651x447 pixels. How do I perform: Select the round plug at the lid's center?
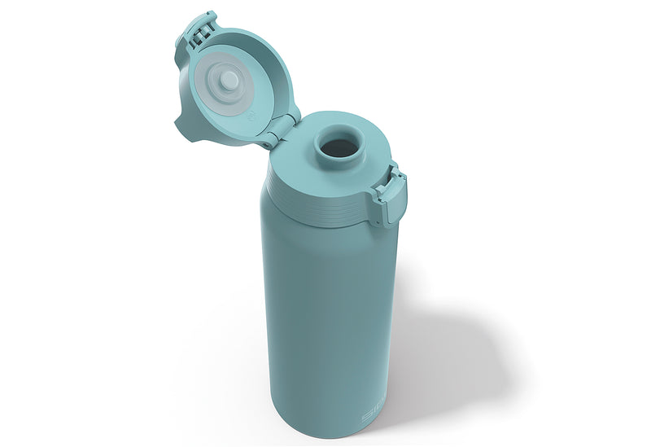[229, 81]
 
